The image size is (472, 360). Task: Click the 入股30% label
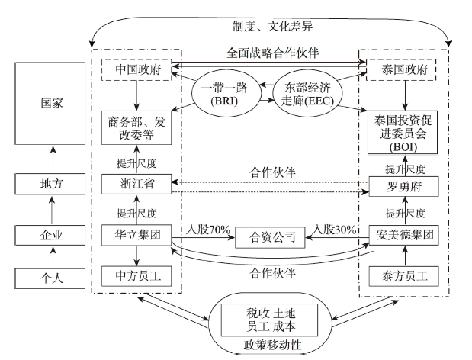pyautogui.click(x=332, y=228)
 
